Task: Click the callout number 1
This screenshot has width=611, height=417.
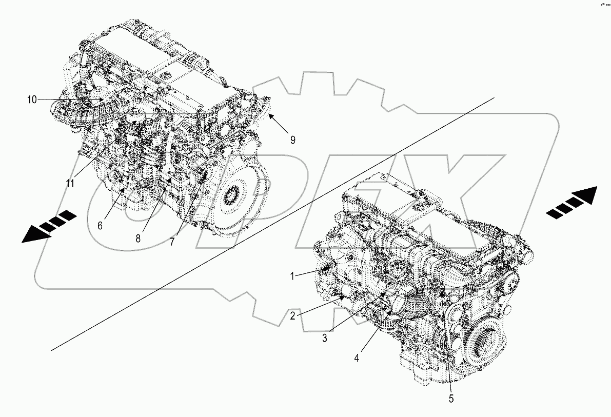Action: point(291,276)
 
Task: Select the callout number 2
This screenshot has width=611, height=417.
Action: point(292,315)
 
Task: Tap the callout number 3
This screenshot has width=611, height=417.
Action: point(325,338)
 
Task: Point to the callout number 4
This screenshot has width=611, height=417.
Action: point(356,358)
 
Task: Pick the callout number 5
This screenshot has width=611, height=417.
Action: point(451,398)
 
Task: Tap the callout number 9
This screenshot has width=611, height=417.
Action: point(292,140)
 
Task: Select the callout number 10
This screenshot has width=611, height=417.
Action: point(32,100)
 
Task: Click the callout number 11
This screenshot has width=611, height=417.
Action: point(70,183)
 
